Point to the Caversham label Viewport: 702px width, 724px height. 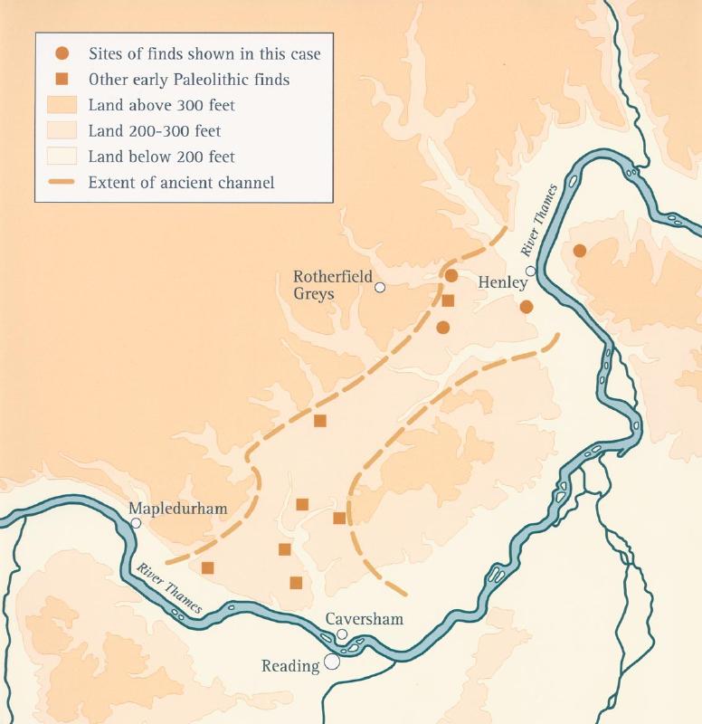pos(364,619)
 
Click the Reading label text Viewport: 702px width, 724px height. pos(290,666)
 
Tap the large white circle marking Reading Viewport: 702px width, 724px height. pos(332,662)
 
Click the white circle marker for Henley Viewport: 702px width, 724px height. pos(531,271)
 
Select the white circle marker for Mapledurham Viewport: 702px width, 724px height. pos(136,523)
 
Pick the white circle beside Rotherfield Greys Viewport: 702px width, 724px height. pos(381,288)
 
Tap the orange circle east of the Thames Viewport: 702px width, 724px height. pos(580,251)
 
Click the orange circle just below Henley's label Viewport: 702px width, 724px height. pos(526,307)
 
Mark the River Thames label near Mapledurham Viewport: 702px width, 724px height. pos(170,589)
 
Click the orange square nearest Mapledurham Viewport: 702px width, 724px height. pos(207,567)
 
